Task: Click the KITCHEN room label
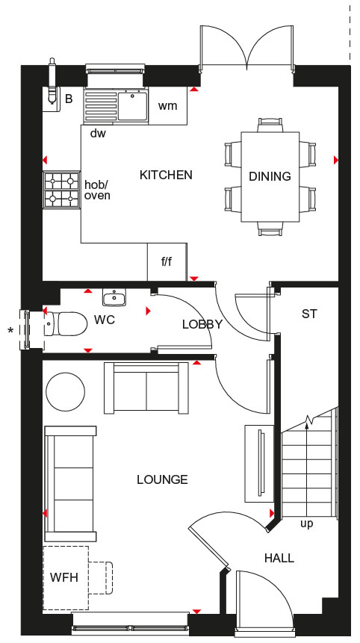(166, 175)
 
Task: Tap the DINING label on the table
(270, 176)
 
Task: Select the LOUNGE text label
(162, 479)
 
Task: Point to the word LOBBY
(202, 324)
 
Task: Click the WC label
(105, 320)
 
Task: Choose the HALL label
(279, 558)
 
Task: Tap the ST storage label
(309, 314)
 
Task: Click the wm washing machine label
(168, 106)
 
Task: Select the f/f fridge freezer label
(167, 262)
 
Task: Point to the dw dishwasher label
(98, 133)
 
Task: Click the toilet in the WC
(66, 323)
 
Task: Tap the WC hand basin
(114, 297)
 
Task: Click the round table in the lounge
(66, 391)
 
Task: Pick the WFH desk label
(64, 577)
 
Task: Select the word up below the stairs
(307, 524)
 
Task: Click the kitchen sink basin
(132, 106)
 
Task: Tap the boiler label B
(69, 99)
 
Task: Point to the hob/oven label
(97, 190)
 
